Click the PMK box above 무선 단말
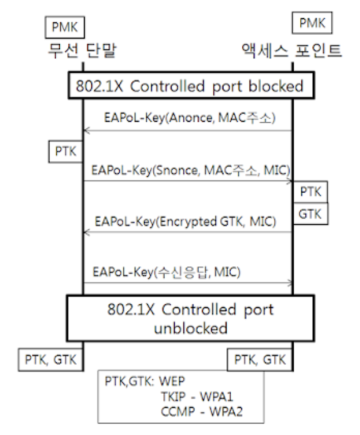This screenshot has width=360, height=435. [x=62, y=26]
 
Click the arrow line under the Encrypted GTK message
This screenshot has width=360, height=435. [x=187, y=232]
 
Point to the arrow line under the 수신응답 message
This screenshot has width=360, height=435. [x=187, y=283]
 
